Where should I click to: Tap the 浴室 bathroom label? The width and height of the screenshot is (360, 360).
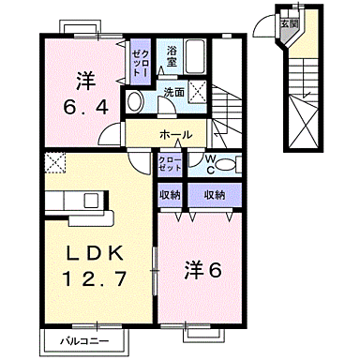click(172, 55)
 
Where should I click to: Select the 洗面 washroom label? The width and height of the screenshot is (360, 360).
click(173, 92)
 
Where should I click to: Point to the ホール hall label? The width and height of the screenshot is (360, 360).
click(175, 135)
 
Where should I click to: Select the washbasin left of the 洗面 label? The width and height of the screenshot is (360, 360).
click(136, 100)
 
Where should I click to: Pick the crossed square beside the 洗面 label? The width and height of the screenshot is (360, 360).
click(199, 91)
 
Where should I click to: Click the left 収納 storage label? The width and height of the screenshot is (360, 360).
click(170, 195)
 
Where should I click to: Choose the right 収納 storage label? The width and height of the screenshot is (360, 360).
click(213, 195)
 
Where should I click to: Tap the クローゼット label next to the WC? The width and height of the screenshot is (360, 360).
click(170, 164)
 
